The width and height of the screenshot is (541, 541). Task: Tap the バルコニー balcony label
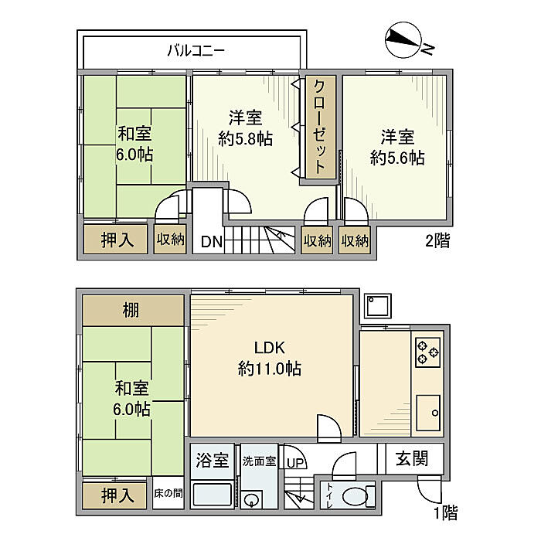pos(196,51)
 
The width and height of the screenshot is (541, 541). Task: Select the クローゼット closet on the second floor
pos(320,127)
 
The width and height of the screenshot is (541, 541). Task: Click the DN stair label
pos(212,241)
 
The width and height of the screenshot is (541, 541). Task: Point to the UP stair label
pos(295,463)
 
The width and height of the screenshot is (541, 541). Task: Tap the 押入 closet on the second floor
pos(116,239)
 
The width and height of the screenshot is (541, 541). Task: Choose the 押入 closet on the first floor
pos(116,495)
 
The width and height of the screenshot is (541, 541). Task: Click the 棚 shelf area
pos(133,310)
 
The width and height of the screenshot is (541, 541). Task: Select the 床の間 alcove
pos(168,493)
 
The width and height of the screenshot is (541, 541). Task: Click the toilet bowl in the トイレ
pos(356,496)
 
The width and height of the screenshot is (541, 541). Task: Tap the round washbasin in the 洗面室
pos(251,499)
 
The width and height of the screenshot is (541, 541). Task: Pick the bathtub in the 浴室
pos(212,495)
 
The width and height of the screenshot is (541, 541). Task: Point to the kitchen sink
pos(428,413)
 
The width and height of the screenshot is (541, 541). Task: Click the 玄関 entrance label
pos(412,458)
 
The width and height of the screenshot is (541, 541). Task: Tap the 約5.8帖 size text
pos(245,138)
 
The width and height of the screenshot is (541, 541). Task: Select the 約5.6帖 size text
pos(397,158)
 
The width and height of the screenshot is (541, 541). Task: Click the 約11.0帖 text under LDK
pos(270,369)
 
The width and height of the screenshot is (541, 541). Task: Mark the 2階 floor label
pos(437,240)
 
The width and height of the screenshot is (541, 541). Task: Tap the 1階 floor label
pos(446,512)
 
